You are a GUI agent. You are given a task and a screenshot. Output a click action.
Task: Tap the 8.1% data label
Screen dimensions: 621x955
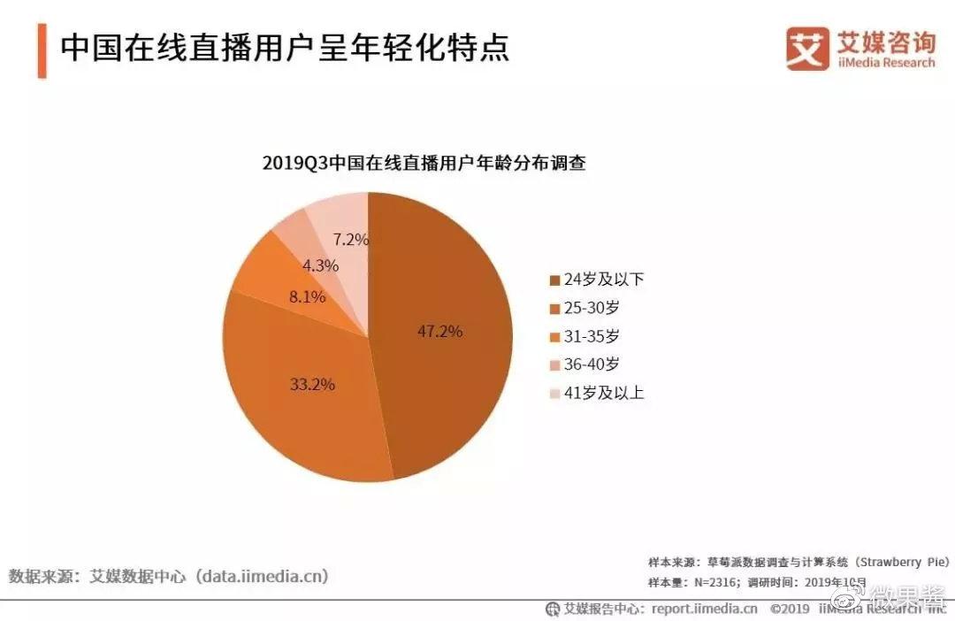coord(307,297)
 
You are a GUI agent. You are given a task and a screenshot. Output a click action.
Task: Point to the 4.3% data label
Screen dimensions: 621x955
coord(319,265)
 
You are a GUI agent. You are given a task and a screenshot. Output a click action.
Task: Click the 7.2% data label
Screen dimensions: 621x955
coord(350,239)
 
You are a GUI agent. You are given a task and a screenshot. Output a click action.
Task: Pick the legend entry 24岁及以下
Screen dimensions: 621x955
coord(597,280)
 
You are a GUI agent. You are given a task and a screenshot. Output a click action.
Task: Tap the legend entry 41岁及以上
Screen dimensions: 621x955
coord(597,393)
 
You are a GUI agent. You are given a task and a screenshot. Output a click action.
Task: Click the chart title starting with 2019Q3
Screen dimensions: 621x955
coord(424,164)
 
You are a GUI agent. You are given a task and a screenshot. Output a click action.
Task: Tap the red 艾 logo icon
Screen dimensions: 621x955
coord(807,48)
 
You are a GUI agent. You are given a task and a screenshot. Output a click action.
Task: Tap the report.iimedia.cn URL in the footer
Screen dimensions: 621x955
coord(704,609)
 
